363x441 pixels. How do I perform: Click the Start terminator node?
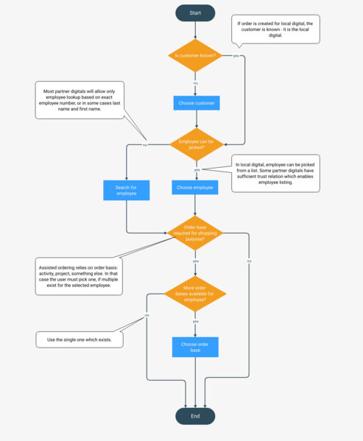click(x=195, y=13)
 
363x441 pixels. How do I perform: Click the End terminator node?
click(x=195, y=416)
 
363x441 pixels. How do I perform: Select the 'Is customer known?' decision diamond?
click(x=195, y=56)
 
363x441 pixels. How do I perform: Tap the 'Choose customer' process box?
click(x=197, y=103)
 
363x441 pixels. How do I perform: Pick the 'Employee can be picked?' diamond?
click(x=195, y=145)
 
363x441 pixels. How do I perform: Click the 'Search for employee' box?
click(x=127, y=191)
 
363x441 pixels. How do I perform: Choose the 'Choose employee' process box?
click(x=195, y=188)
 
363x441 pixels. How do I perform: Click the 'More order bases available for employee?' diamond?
click(x=195, y=294)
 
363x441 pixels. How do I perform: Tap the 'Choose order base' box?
click(x=195, y=347)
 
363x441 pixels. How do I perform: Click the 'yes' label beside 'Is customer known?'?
click(x=236, y=56)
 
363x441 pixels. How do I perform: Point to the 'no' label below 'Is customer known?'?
click(x=195, y=83)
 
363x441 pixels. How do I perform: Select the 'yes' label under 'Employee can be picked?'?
click(x=197, y=170)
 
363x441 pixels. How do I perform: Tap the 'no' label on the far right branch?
click(x=249, y=261)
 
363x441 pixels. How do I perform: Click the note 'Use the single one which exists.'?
click(x=80, y=339)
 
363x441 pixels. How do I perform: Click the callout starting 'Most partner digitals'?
click(x=80, y=100)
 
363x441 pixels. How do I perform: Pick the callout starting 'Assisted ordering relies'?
click(x=80, y=275)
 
